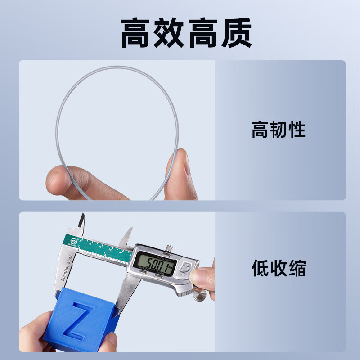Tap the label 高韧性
click(278, 130)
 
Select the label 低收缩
click(278, 269)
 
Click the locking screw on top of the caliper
click(169, 247)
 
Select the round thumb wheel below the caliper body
click(199, 295)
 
